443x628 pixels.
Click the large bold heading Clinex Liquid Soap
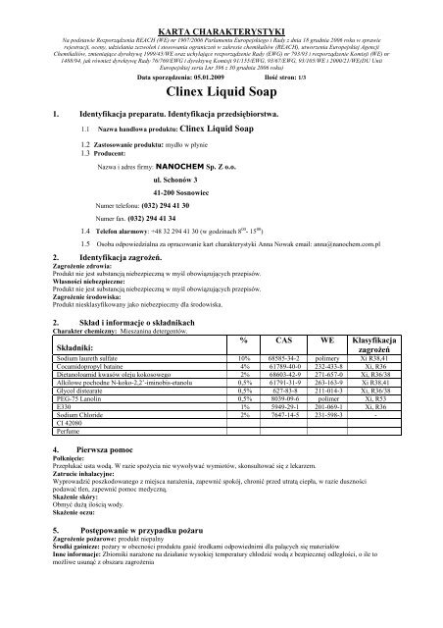pyautogui.click(x=221, y=97)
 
